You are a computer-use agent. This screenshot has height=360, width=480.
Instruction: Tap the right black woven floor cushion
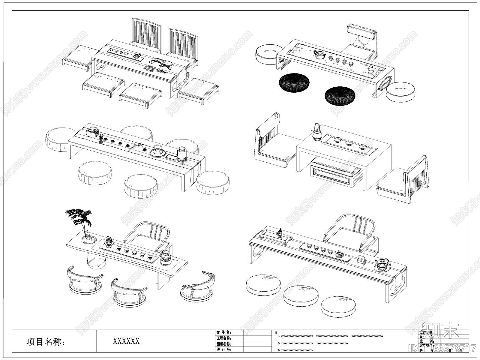click(x=340, y=96)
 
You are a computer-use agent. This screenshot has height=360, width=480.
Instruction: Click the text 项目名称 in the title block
click(x=46, y=342)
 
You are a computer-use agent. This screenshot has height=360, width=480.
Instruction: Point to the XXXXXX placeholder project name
click(x=126, y=341)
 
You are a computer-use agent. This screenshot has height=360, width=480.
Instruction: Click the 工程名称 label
click(x=224, y=338)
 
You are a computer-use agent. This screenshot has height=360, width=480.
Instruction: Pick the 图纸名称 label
click(x=224, y=344)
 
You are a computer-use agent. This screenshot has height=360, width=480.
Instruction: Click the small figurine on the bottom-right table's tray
click(x=280, y=232)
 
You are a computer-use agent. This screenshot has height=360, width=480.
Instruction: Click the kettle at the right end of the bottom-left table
click(x=165, y=257)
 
